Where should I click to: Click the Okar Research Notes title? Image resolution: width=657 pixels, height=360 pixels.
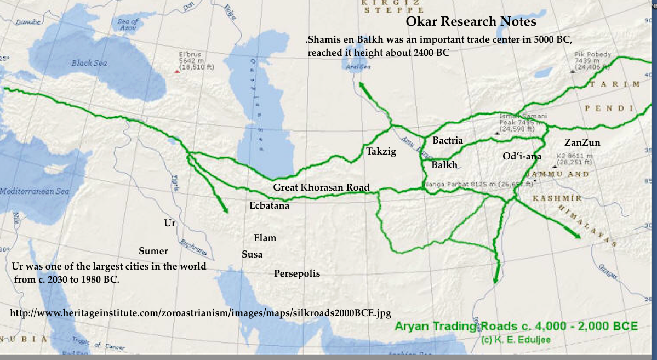point(470,22)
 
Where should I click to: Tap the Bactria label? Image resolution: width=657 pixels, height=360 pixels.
point(448,140)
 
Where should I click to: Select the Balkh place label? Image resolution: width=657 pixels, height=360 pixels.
point(444,165)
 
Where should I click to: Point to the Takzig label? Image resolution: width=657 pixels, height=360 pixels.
point(381,152)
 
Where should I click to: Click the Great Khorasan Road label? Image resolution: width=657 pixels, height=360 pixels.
point(322,187)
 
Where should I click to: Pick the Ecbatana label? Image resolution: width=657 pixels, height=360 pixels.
point(269,206)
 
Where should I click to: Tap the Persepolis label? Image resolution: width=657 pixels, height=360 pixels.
point(297,273)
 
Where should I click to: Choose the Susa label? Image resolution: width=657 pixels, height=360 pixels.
point(252,254)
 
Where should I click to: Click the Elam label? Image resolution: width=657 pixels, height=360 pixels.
point(265,238)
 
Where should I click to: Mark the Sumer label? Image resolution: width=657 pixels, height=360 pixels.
point(153,251)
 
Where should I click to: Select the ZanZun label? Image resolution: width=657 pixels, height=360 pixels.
point(582,143)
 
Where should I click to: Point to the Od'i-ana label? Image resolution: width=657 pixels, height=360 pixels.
point(522,156)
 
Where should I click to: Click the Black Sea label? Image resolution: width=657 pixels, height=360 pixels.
point(89,63)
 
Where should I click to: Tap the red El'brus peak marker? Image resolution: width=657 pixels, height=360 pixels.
point(176,71)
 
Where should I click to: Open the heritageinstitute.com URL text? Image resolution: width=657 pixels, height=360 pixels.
point(201,313)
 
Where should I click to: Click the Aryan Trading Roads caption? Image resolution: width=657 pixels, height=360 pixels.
point(516,327)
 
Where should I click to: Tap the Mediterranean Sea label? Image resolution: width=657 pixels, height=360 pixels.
point(34,192)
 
